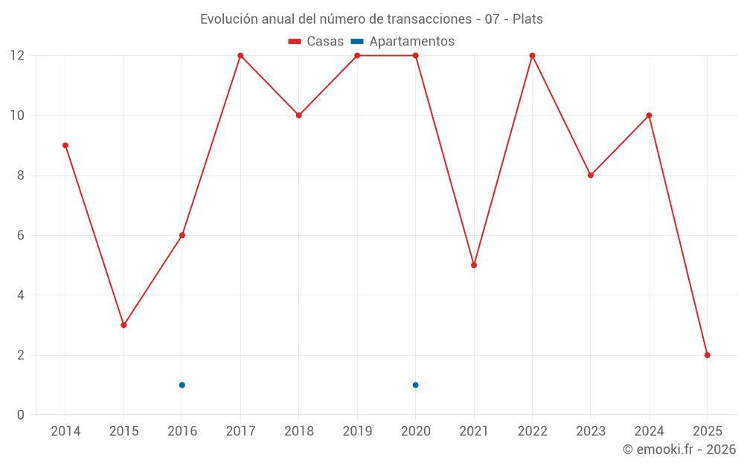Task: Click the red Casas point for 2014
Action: click(65, 145)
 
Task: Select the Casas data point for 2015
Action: click(124, 325)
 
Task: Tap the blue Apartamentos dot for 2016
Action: click(182, 385)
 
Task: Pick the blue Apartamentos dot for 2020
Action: click(415, 385)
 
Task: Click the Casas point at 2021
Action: click(474, 265)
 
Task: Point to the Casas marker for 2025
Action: click(707, 355)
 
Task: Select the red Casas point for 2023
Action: click(591, 176)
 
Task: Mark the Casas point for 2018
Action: click(299, 115)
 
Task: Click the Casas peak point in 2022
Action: click(532, 56)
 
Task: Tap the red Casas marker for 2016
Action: click(182, 235)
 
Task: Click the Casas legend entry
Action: click(316, 42)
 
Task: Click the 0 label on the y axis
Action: click(20, 414)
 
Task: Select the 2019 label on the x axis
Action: click(357, 431)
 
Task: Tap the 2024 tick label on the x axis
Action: click(649, 431)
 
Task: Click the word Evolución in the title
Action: click(228, 19)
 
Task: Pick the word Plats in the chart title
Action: click(527, 19)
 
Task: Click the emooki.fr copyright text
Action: click(679, 449)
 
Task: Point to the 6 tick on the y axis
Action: click(20, 235)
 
